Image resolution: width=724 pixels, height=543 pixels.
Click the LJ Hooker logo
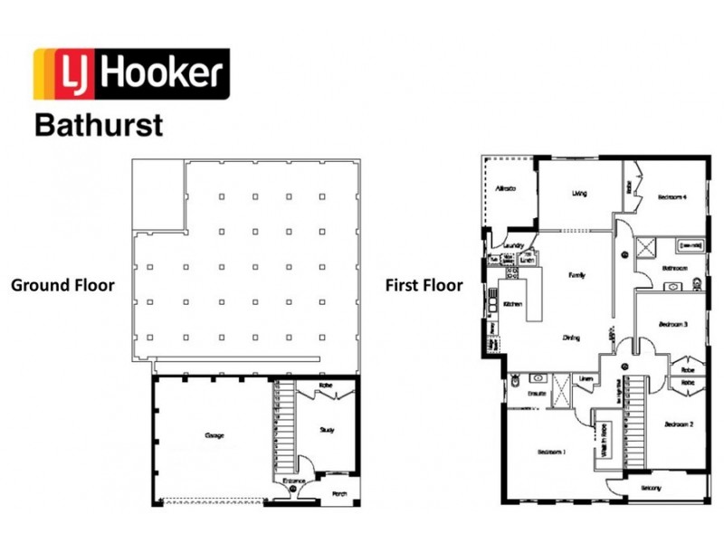[132, 73]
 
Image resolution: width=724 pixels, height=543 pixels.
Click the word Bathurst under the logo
[99, 124]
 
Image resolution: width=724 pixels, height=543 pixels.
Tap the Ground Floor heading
[62, 285]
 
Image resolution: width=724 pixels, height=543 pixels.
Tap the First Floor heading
[424, 285]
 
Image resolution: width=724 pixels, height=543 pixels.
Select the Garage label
[214, 435]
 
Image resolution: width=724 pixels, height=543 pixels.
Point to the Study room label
[328, 431]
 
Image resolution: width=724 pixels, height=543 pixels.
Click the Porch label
[339, 493]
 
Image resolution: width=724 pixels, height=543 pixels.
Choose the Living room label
[579, 193]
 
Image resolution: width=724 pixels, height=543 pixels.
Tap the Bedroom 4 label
[672, 196]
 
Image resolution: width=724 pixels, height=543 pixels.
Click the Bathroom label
[674, 268]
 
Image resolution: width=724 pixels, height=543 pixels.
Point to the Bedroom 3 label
[673, 323]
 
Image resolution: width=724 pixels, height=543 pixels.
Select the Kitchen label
[512, 304]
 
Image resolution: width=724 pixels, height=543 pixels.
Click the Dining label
[571, 338]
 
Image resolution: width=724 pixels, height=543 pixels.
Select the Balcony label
[650, 488]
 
